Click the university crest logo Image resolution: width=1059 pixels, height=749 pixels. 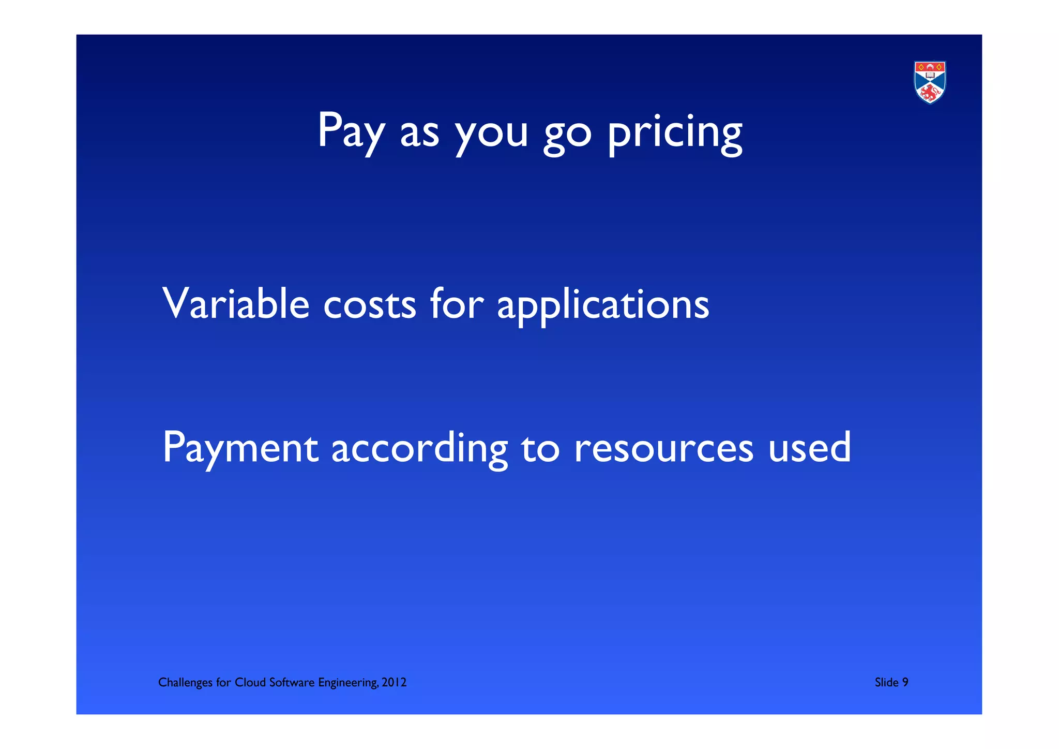click(x=930, y=82)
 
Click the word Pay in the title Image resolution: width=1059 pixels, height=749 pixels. click(x=351, y=131)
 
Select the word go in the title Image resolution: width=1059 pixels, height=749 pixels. click(x=567, y=134)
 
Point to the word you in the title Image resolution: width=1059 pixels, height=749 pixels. click(x=491, y=134)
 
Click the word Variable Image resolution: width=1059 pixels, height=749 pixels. click(x=236, y=304)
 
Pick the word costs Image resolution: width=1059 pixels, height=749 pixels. click(x=369, y=305)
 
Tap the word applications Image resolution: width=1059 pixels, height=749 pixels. click(x=603, y=305)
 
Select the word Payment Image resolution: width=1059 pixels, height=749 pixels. click(x=240, y=448)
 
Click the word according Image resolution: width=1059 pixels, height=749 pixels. click(x=419, y=448)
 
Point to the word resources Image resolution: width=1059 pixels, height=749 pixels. click(x=663, y=448)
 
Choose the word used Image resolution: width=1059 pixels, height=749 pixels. click(x=809, y=447)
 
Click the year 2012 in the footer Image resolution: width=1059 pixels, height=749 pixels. click(x=394, y=683)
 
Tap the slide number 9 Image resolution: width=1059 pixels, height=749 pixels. click(x=905, y=683)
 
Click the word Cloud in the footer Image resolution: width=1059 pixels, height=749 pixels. click(x=250, y=683)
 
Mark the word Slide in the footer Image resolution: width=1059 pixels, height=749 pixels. click(x=886, y=683)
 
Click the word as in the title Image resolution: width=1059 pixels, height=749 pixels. click(x=419, y=134)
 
